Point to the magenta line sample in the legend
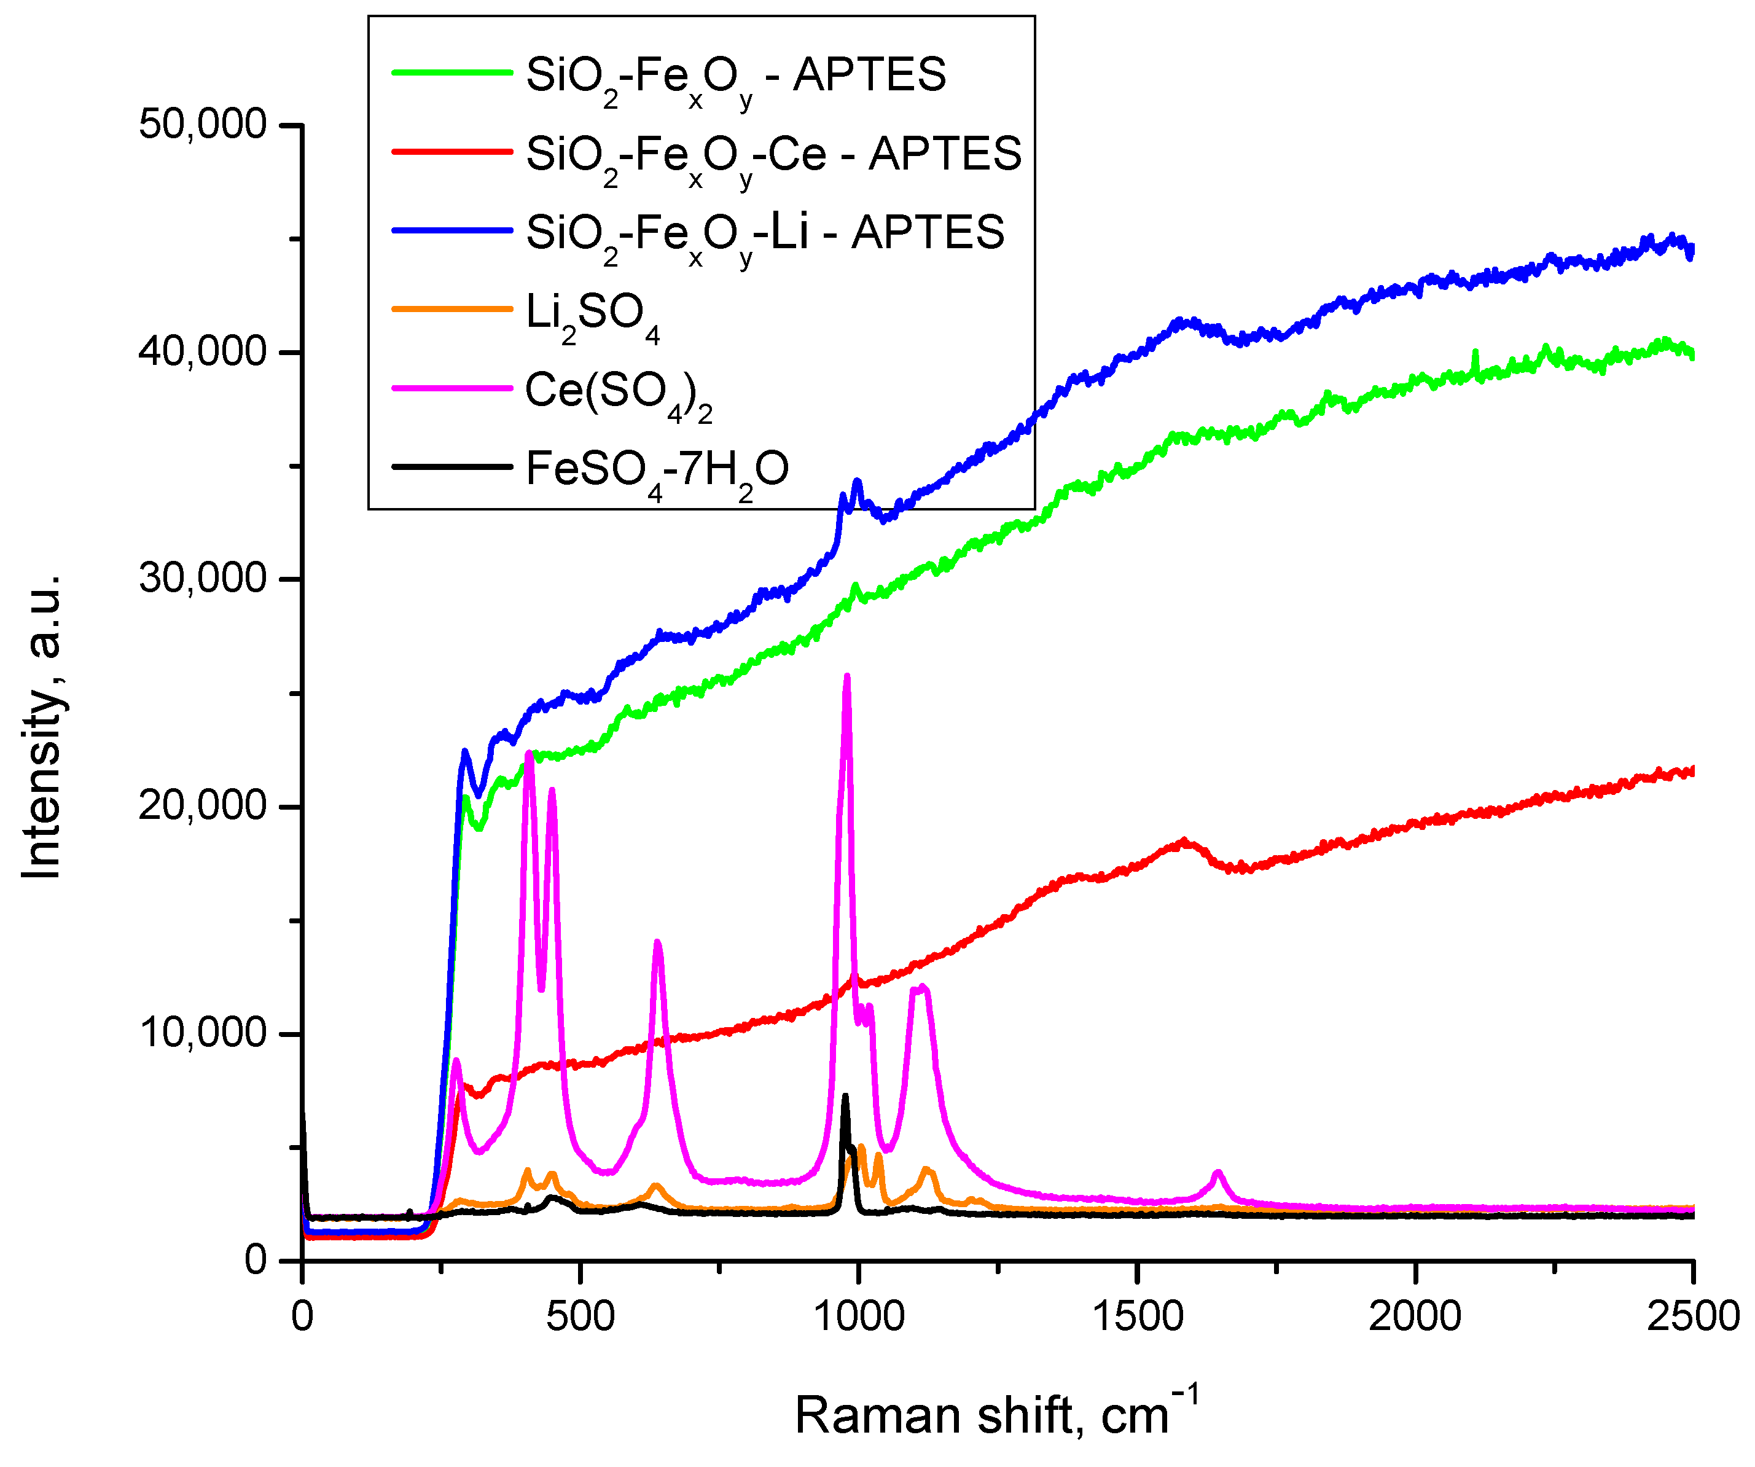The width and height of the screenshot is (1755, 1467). [452, 389]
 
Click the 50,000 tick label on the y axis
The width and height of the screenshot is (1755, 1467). [202, 125]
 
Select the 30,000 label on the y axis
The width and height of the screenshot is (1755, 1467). [202, 579]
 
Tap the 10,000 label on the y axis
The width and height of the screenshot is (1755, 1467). [202, 1033]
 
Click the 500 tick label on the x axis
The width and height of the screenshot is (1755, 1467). [580, 1316]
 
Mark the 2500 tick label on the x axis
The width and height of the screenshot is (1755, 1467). [1693, 1316]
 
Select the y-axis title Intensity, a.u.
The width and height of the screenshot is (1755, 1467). [42, 727]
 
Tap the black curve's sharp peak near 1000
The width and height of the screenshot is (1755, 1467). [845, 1097]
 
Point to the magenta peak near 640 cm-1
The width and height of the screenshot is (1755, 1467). [658, 943]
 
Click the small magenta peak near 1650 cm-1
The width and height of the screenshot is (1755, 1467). [1218, 1173]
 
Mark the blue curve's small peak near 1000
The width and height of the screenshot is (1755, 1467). [856, 482]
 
